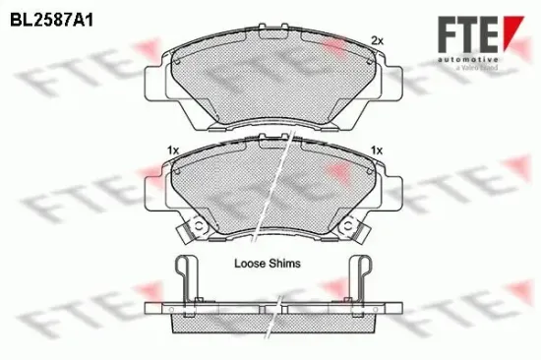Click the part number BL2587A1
(x=44, y=18)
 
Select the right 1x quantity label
(x=375, y=150)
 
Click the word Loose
(x=251, y=264)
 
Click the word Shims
(x=285, y=264)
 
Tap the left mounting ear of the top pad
(x=154, y=76)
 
